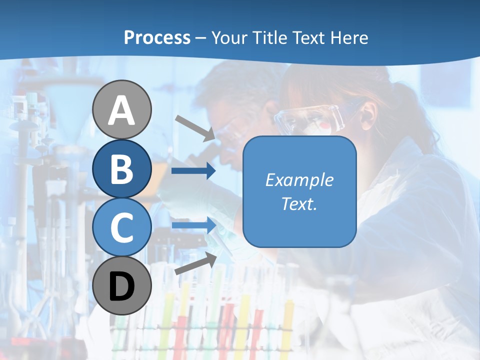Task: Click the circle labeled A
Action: point(122,109)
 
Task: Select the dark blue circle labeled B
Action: point(122,168)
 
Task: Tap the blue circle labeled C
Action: point(122,227)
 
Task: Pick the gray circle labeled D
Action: point(122,286)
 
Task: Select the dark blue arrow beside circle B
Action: point(193,171)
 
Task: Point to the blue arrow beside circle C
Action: point(193,226)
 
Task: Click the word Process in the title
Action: point(157,37)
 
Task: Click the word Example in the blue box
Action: point(299,180)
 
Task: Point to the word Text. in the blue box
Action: point(299,203)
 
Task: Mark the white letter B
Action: point(122,169)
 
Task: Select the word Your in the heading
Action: point(230,37)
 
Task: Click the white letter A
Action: point(122,110)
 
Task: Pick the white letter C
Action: point(122,228)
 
